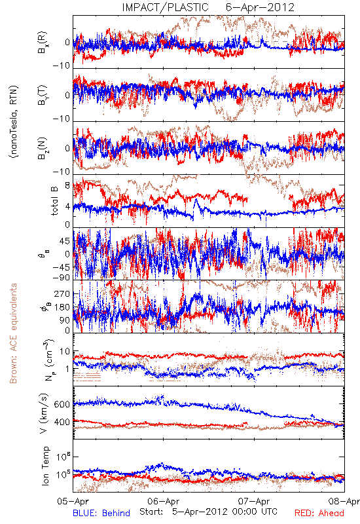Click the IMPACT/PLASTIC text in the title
click(165, 7)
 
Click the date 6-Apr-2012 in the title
click(261, 7)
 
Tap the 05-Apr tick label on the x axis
click(73, 501)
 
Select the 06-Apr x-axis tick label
click(164, 501)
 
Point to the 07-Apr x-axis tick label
click(254, 501)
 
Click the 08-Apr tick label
click(344, 501)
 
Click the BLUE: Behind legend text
click(101, 514)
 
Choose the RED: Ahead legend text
click(319, 514)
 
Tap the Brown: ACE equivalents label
click(13, 333)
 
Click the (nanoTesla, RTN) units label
click(14, 122)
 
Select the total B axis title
click(54, 201)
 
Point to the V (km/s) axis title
click(44, 414)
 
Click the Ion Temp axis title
click(45, 466)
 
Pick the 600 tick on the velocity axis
click(62, 404)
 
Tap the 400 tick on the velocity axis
click(62, 422)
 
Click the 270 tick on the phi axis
click(62, 294)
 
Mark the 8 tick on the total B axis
click(67, 186)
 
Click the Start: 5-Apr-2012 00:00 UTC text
click(208, 512)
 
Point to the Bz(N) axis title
click(43, 148)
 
